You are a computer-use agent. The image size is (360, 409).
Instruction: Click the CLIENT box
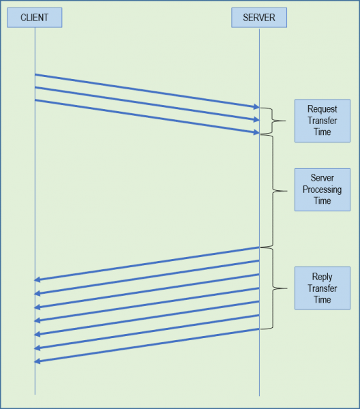pos(35,18)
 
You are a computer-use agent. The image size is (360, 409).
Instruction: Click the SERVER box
pos(259,18)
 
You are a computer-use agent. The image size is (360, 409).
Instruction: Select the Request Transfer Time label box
pos(322,121)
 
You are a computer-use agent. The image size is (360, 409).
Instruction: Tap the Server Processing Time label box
pos(322,190)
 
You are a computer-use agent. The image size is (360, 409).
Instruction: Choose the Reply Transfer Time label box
pos(322,288)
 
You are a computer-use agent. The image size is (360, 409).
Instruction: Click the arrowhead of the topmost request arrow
pos(256,106)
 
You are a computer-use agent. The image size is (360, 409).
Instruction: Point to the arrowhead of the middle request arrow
pos(256,119)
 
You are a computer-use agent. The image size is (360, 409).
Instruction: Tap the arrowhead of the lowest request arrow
pos(256,132)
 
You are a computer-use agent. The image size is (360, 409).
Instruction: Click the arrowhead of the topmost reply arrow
pos(37,279)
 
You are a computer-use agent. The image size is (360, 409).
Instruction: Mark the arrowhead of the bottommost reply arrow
pos(37,361)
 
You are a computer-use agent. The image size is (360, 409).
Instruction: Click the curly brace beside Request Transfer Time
pos(272,121)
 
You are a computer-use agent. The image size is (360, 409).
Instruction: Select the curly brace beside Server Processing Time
pos(273,191)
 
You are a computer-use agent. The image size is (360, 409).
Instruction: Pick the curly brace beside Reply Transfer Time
pos(273,288)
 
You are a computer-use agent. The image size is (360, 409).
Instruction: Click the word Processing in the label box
pos(322,190)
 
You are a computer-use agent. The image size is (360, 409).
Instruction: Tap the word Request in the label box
pos(322,109)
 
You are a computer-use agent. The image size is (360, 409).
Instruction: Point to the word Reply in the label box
pos(322,277)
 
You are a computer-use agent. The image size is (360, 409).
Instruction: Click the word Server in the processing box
pos(322,178)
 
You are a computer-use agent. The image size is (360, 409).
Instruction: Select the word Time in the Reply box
pos(322,299)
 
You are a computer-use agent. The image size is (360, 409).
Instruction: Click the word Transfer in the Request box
pos(322,121)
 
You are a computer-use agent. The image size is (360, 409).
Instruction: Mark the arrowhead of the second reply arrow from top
pos(37,293)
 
